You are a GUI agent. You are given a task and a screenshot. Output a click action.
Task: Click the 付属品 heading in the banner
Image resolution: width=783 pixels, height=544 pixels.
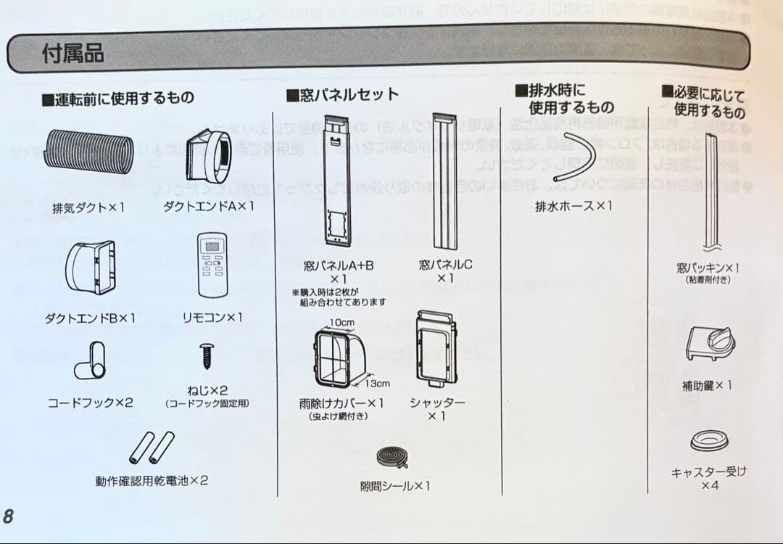pos(72,53)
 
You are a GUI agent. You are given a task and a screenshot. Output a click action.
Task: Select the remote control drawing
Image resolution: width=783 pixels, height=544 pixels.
pos(212,265)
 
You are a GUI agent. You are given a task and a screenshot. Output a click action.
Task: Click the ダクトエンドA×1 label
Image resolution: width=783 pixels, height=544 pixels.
pos(209,207)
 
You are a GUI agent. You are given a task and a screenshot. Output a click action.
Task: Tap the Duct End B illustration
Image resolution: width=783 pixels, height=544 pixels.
pos(91,268)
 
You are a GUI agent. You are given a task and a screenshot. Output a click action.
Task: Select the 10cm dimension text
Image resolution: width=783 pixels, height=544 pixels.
pos(341,321)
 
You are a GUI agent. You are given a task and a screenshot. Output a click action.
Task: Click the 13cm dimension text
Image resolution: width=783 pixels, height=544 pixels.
pos(377,383)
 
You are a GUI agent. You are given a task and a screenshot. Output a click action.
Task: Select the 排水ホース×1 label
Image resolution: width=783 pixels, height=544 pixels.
pos(573,206)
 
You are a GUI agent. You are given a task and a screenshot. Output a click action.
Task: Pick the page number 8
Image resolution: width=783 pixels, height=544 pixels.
pos(8,516)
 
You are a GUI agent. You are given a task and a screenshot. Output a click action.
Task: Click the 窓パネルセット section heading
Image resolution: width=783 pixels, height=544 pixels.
pos(343,94)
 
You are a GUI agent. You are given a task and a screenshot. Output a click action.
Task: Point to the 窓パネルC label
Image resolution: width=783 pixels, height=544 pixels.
pos(444,265)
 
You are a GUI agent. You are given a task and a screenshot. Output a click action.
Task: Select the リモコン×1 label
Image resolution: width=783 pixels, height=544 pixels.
pos(212,318)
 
